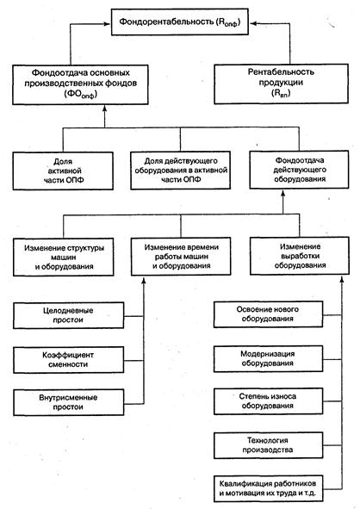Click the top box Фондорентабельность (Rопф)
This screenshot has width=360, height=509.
tap(180, 22)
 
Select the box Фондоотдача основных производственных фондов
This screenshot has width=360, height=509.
tap(80, 84)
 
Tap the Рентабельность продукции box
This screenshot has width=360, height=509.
tap(281, 84)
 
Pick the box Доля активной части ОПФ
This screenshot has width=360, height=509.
tap(63, 171)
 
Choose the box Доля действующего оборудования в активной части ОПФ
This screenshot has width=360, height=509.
tap(181, 171)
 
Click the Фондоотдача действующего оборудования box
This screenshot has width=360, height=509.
tap(299, 170)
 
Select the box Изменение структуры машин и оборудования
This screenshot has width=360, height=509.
tap(63, 258)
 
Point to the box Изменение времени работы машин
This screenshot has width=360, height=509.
tap(181, 257)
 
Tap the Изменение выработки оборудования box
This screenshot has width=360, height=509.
tap(300, 256)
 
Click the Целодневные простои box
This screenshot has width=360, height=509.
tap(69, 315)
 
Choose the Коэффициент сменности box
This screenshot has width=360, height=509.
tap(69, 360)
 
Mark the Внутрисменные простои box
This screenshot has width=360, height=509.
tap(69, 402)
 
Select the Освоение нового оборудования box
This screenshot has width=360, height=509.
tap(268, 314)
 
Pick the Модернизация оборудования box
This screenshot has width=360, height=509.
tap(268, 358)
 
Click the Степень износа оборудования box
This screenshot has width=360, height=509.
tap(268, 401)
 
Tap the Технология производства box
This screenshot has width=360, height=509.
tap(268, 445)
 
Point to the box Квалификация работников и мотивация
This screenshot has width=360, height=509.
tap(269, 488)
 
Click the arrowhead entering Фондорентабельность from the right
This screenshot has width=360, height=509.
tap(253, 23)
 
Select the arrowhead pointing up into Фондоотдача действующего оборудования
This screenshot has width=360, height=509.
tap(282, 193)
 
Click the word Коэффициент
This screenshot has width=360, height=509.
tap(68, 355)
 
